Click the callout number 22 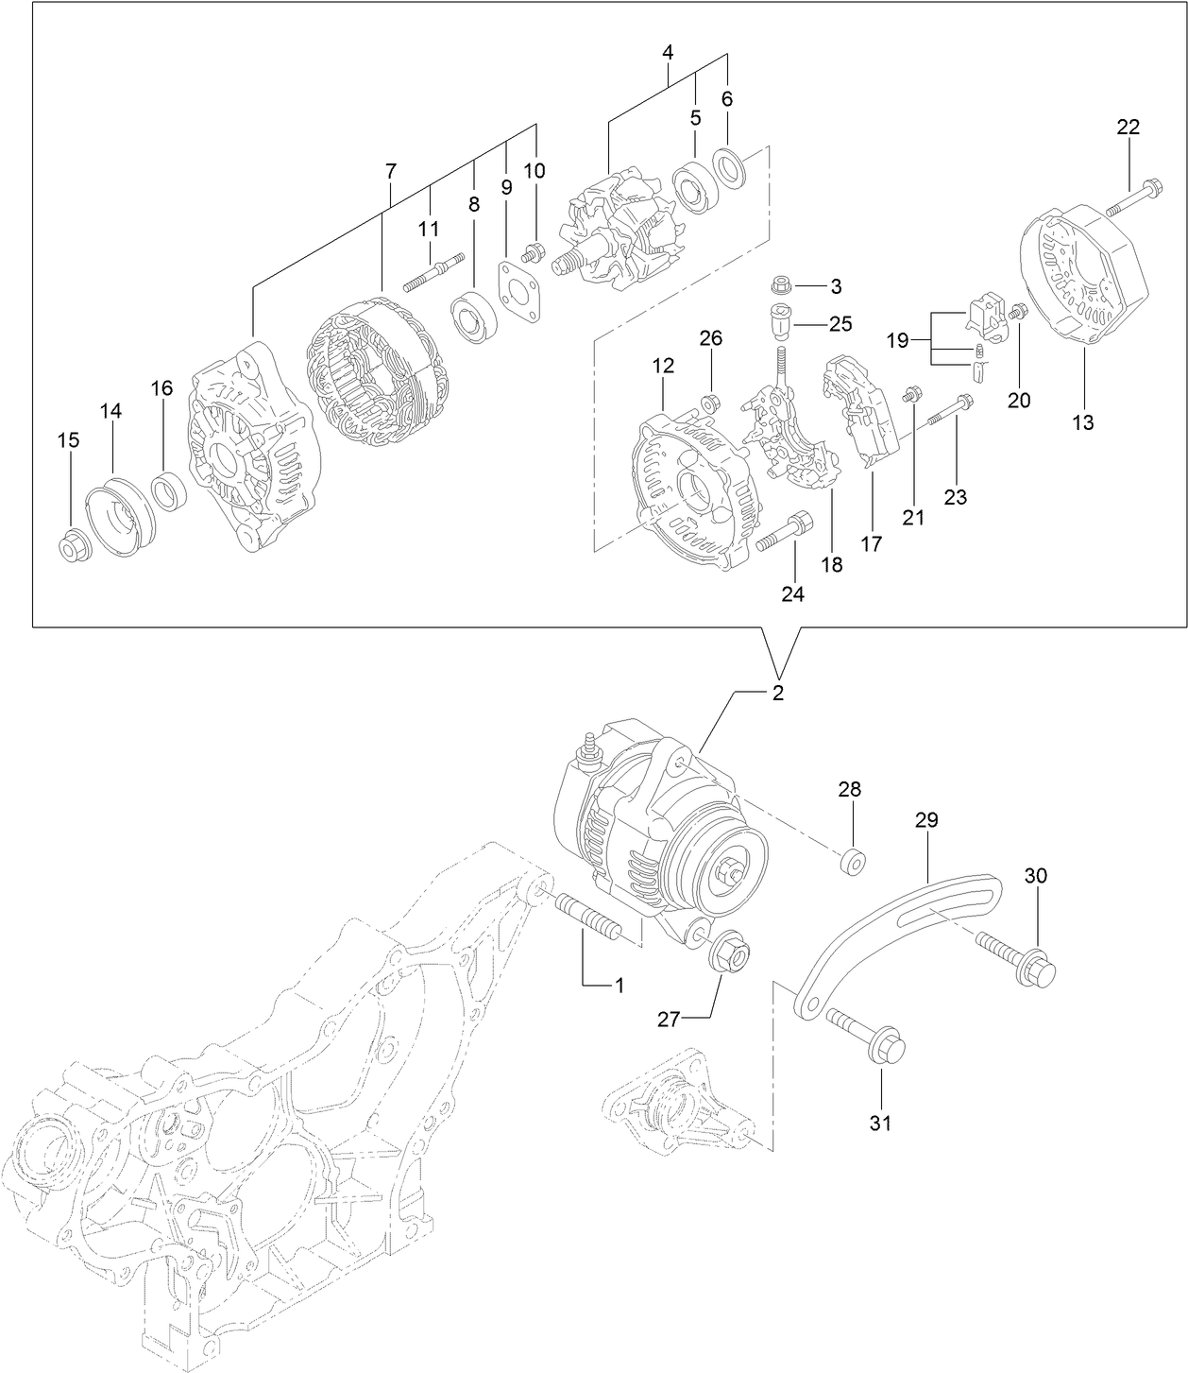coord(1129,127)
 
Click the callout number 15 coord(68,439)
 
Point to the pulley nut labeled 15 coord(73,546)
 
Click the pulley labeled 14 coord(119,520)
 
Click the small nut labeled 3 coord(781,284)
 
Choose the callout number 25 coord(840,323)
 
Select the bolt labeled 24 coord(786,535)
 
